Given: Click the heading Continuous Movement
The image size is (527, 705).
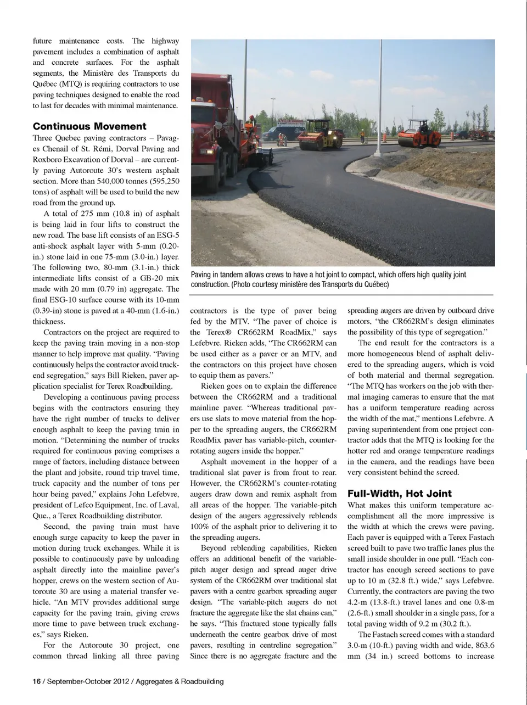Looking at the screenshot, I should coord(89,126).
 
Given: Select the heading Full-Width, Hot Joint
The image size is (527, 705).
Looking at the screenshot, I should coord(400,493).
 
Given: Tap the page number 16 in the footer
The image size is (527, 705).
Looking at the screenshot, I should coord(36,681).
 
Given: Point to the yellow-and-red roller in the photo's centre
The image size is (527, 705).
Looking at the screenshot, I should coord(319,136).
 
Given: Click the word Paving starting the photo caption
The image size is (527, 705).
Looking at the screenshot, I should coord(202,275).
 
